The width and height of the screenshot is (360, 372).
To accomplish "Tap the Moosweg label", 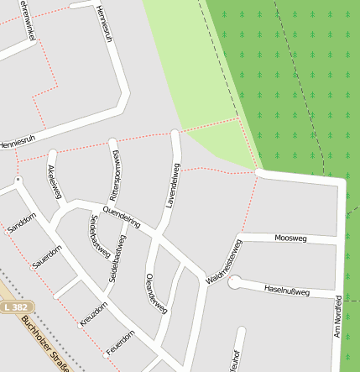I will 290,238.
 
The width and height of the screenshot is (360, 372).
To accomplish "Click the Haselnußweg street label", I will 287,292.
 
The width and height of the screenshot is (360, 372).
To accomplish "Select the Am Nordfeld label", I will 339,317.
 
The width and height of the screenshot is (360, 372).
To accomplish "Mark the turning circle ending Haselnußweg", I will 235,282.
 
